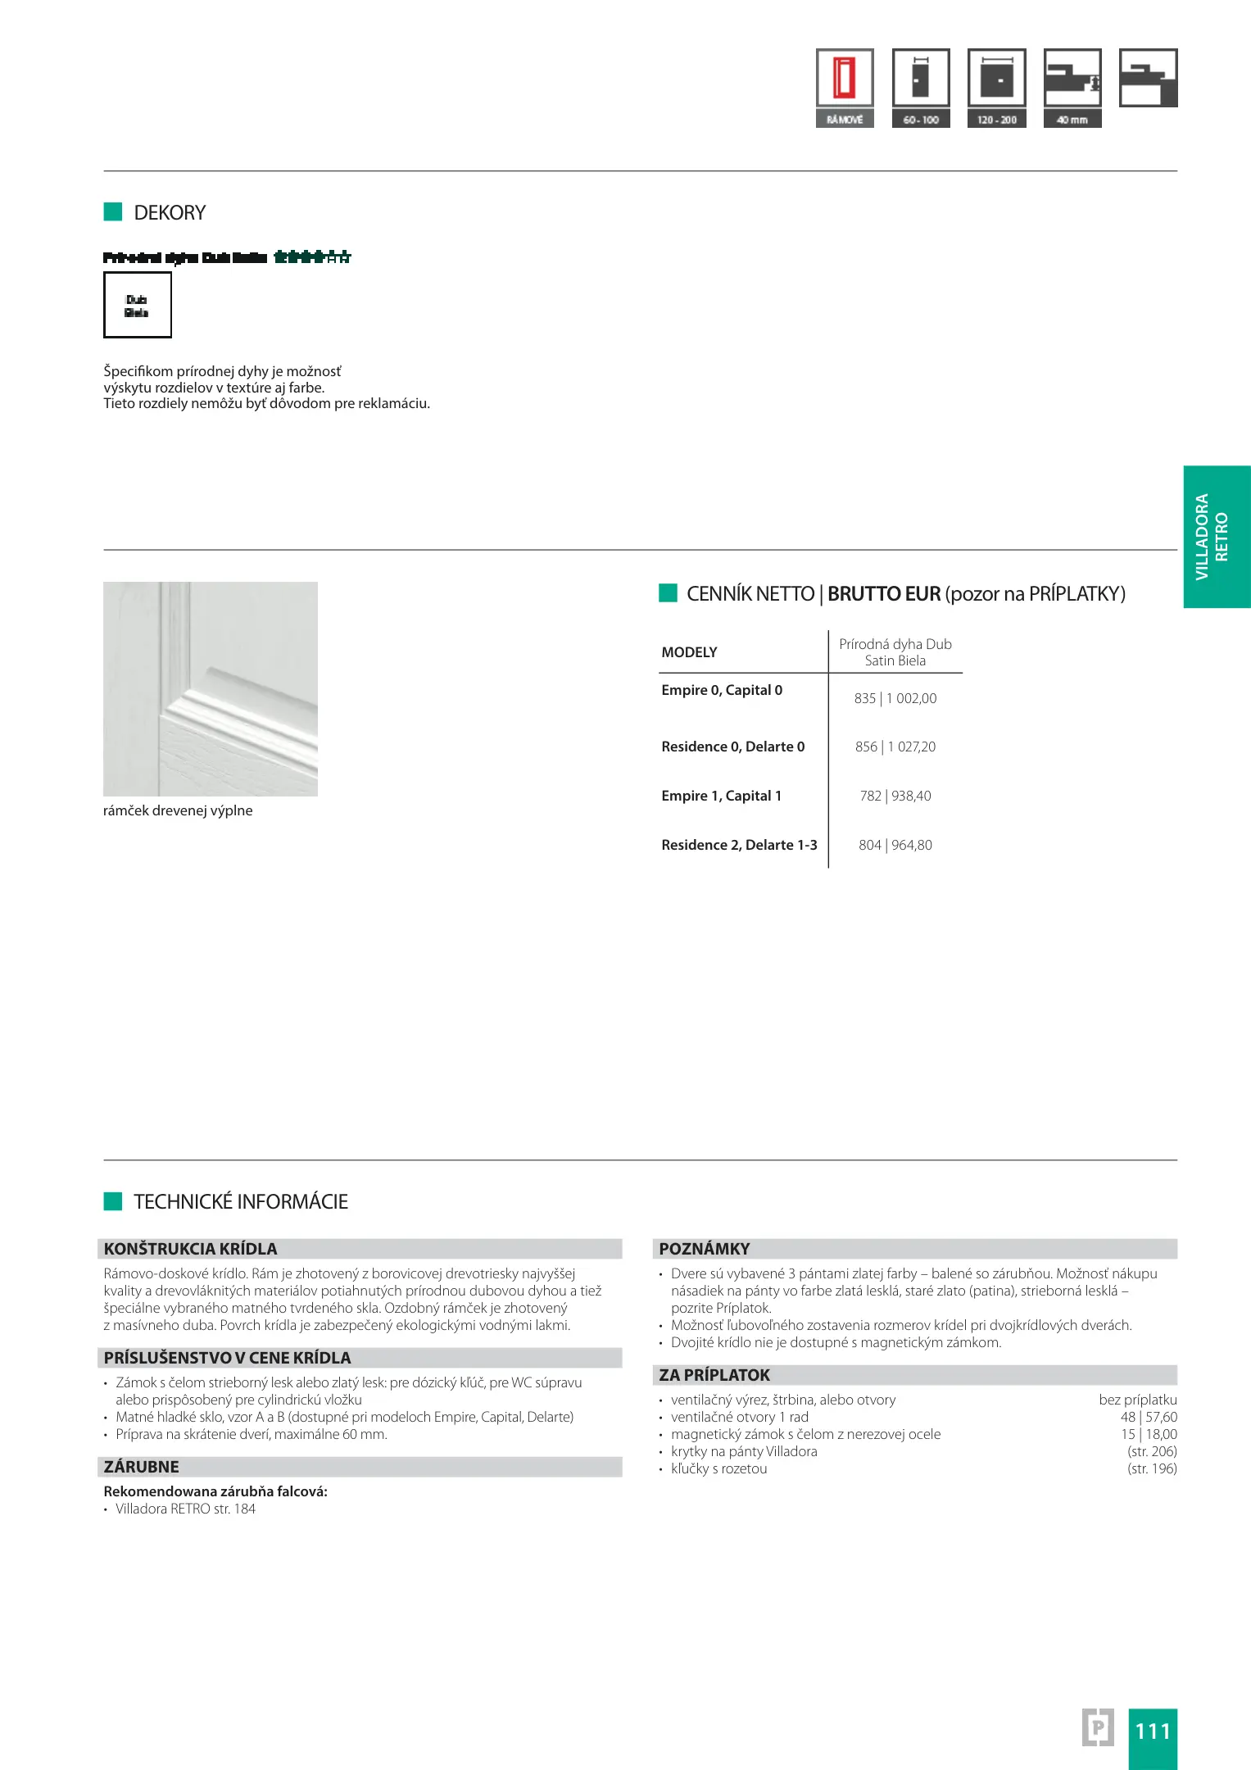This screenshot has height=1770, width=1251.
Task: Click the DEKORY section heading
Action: pos(170,213)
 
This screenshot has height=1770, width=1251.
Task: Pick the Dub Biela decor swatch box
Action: pos(138,305)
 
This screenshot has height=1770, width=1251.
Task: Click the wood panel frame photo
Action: pos(211,688)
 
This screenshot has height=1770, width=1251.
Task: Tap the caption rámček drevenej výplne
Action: pos(178,810)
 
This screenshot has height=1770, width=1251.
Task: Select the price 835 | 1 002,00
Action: pos(895,698)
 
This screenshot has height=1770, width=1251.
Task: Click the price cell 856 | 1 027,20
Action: pos(895,747)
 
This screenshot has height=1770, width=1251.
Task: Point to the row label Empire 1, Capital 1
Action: pos(721,796)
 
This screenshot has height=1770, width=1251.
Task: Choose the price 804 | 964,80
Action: pos(895,845)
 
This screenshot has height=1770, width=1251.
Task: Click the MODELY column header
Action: pos(689,652)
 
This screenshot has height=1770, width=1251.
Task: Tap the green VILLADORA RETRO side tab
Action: pos(1217,537)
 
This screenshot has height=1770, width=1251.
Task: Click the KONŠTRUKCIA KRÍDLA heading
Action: pos(191,1249)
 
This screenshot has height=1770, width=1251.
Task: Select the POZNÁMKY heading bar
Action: pos(705,1249)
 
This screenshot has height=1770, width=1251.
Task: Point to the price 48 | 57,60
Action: pos(1149,1417)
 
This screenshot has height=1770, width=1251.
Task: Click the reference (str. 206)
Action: pos(1152,1451)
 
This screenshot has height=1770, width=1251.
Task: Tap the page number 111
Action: pos(1152,1731)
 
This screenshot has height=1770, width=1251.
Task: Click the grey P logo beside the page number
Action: pos(1098,1727)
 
